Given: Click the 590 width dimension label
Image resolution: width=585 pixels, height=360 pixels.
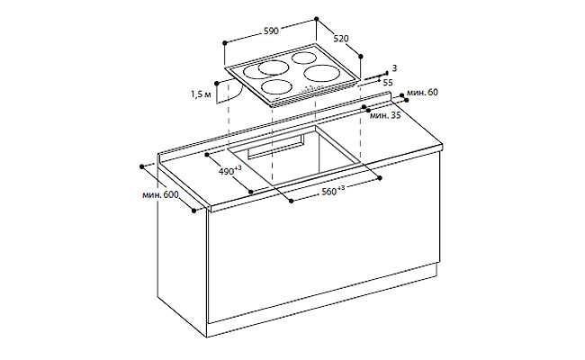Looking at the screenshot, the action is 271,31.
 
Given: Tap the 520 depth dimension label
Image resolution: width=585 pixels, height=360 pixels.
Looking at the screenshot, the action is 341,39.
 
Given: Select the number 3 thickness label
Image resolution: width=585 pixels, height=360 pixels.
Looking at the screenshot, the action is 395,68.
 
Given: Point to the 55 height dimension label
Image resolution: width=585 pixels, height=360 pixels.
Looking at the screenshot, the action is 388,83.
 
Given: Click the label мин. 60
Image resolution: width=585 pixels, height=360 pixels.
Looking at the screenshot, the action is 422,92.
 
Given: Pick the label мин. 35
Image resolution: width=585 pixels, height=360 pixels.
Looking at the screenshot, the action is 385,115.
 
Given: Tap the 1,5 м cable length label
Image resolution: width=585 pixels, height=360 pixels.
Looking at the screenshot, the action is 201,94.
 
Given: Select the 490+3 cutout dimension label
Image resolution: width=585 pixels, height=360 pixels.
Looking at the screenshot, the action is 229,170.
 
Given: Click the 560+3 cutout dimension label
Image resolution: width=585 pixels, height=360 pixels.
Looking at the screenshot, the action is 333,191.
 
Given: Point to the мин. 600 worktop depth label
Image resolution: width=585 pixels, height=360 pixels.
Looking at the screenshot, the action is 160,194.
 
